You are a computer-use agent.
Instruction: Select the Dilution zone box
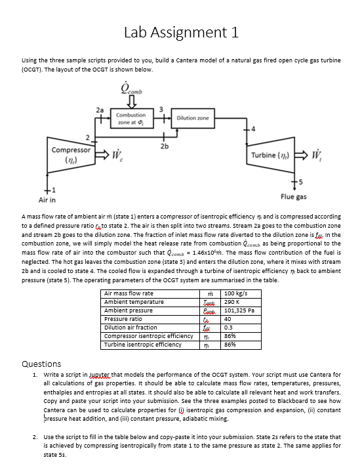click(x=193, y=117)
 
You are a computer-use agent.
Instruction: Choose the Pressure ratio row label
click(x=123, y=318)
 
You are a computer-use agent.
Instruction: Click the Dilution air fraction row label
click(x=130, y=327)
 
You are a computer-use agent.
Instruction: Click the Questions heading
click(x=41, y=364)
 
